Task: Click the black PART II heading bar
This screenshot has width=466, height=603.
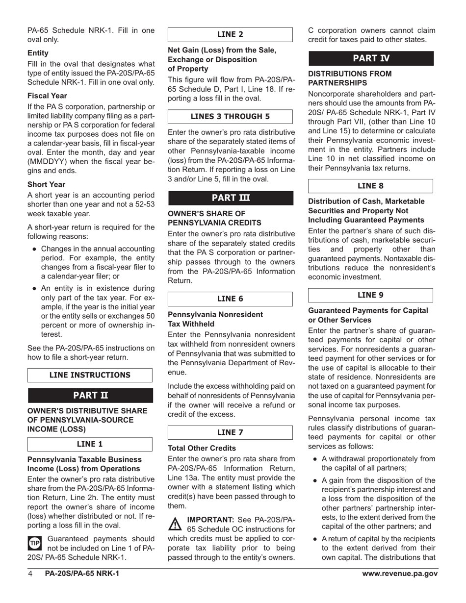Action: pyautogui.click(x=90, y=395)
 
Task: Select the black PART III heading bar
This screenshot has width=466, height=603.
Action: pyautogui.click(x=231, y=198)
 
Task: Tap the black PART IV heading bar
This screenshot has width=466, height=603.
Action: pyautogui.click(x=371, y=58)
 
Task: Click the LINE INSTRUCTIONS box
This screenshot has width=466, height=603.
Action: pyautogui.click(x=90, y=375)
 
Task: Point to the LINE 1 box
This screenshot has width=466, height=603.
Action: pyautogui.click(x=90, y=444)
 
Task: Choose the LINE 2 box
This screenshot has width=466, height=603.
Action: pyautogui.click(x=230, y=34)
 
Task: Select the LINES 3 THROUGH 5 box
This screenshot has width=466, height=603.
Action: pyautogui.click(x=230, y=117)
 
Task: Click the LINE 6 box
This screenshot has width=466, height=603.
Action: pyautogui.click(x=230, y=299)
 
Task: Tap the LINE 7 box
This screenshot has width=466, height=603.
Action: pyautogui.click(x=230, y=432)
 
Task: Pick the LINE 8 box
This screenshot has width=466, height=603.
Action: pyautogui.click(x=370, y=186)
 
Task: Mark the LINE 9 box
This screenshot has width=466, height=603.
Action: pyautogui.click(x=370, y=295)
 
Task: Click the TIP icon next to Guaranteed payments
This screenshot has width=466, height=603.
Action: pyautogui.click(x=35, y=543)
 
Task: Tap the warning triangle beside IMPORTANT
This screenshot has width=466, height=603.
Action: pyautogui.click(x=175, y=525)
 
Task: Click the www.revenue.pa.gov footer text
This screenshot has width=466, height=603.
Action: pyautogui.click(x=400, y=574)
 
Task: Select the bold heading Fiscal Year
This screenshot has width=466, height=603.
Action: pyautogui.click(x=47, y=96)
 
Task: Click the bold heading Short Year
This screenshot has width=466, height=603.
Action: pyautogui.click(x=46, y=184)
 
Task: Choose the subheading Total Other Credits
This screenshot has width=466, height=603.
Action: pyautogui.click(x=202, y=448)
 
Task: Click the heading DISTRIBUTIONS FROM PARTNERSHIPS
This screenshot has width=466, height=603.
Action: pyautogui.click(x=350, y=78)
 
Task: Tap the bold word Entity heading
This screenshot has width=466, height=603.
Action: pyautogui.click(x=38, y=53)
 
